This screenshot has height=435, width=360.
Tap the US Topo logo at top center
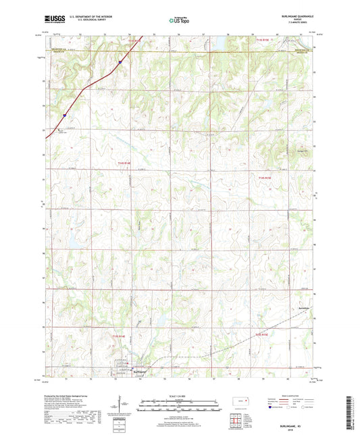179,20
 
